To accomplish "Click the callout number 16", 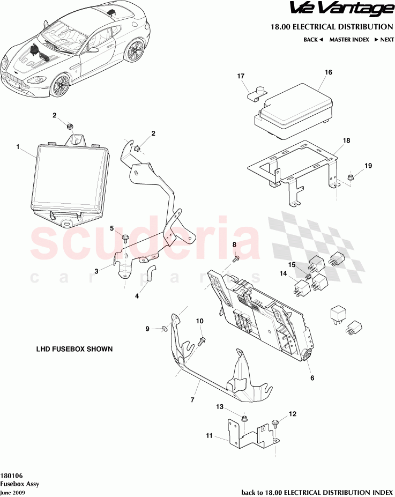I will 328,72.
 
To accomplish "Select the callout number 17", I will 241,77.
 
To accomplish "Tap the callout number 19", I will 368,166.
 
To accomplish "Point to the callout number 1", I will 18,146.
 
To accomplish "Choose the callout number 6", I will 312,378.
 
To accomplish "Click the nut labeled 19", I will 349,176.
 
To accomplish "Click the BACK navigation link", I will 313,40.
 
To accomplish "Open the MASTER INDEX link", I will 349,40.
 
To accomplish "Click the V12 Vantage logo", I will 341,9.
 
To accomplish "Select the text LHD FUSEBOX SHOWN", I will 74,348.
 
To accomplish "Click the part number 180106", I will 11,475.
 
